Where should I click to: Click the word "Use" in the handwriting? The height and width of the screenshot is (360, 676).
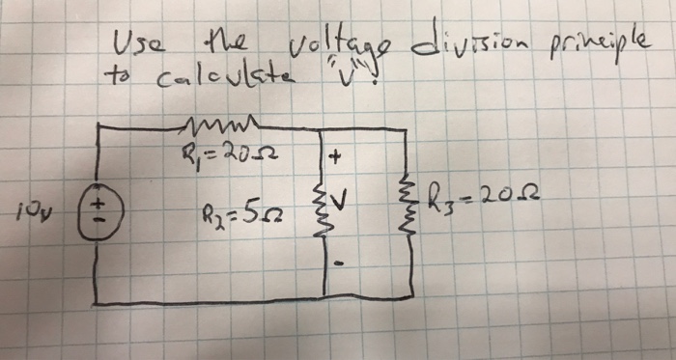point(129,43)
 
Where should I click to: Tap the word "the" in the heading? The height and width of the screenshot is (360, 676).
point(215,42)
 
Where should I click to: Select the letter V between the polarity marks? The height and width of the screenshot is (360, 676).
point(343,204)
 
